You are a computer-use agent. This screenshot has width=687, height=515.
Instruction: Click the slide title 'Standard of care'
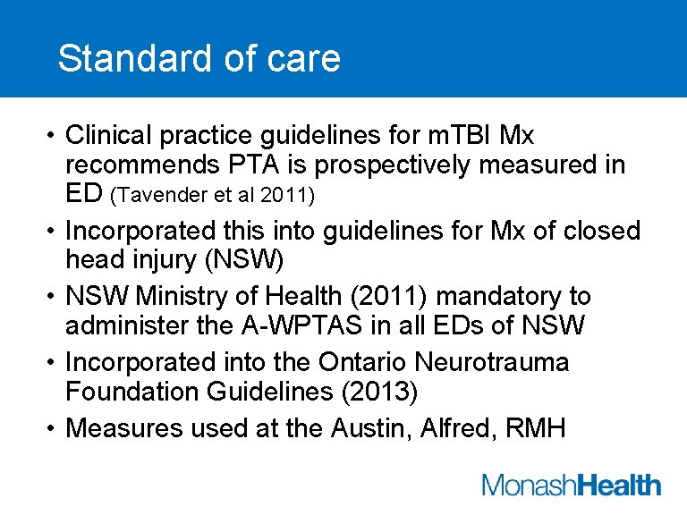pos(199,59)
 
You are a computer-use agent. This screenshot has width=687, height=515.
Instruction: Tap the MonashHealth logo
pos(572,486)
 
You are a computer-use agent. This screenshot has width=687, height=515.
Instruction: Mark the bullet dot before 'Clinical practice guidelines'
pos(53,135)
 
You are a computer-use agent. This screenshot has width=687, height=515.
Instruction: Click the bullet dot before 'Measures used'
pos(53,427)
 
